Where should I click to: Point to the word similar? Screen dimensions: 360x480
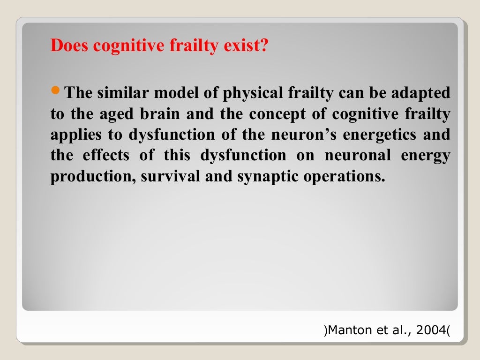124,93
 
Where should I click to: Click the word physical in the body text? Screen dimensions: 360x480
250,93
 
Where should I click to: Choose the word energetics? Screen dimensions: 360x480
379,135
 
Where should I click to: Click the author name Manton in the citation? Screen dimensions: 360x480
345,331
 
